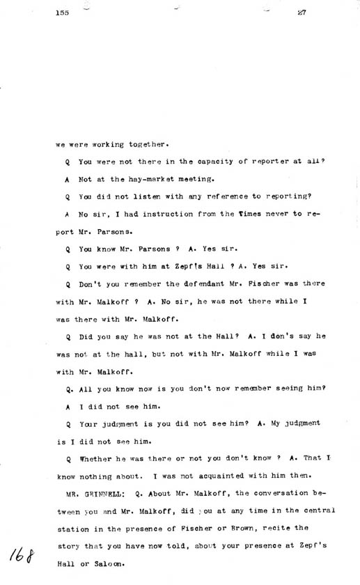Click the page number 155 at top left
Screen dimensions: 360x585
(63, 12)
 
